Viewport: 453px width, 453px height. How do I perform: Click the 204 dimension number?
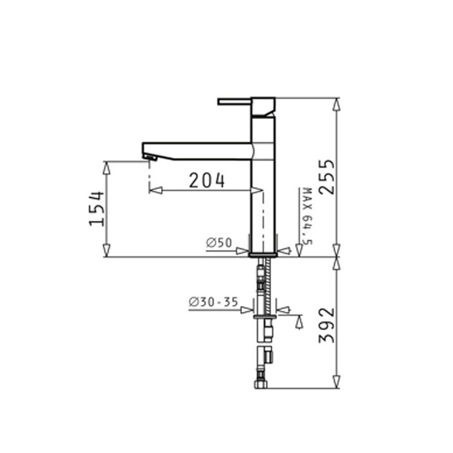(x=206, y=181)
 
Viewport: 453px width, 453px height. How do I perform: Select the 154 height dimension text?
(x=96, y=208)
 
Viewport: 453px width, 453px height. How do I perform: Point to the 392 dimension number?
(x=326, y=326)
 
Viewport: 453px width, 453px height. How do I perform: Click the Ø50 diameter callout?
(x=219, y=243)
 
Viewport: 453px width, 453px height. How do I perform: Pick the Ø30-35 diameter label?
(x=213, y=302)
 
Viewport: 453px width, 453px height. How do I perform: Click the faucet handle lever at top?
(x=234, y=102)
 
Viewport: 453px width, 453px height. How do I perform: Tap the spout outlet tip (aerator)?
(x=150, y=157)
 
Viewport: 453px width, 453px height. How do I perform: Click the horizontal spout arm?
(x=197, y=151)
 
